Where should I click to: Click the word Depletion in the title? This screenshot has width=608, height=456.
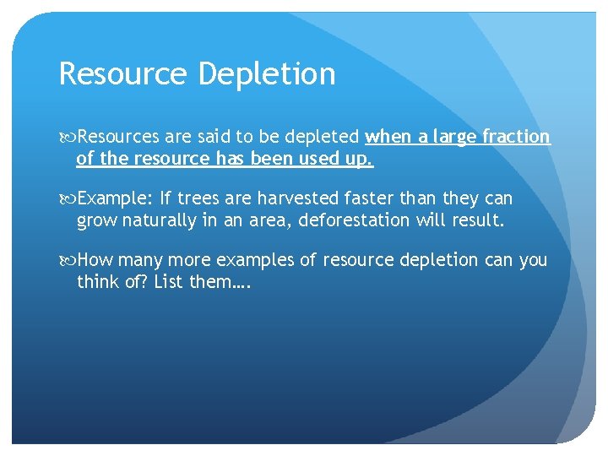pos(267,74)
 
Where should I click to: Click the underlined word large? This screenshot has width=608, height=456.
pos(452,137)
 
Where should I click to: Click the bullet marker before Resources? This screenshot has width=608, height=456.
pos(68,137)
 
